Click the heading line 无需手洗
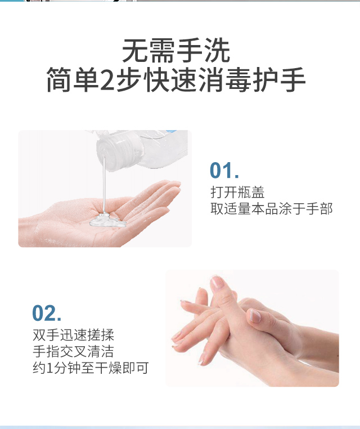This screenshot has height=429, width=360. [176, 51]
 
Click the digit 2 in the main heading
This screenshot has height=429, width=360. [108, 81]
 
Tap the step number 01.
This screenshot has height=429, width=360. [224, 171]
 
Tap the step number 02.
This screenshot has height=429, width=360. [47, 313]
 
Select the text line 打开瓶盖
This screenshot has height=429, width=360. [237, 192]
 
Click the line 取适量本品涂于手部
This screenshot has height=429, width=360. [272, 208]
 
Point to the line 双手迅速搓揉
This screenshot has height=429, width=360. [73, 335]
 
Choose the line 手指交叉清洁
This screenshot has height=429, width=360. [73, 351]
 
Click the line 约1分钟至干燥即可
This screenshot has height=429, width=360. [91, 368]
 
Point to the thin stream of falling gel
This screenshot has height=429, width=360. [104, 185]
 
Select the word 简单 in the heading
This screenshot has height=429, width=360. [73, 80]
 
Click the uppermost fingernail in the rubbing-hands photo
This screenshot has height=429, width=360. [217, 283]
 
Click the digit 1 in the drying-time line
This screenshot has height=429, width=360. [49, 368]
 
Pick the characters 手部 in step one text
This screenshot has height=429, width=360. [319, 208]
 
